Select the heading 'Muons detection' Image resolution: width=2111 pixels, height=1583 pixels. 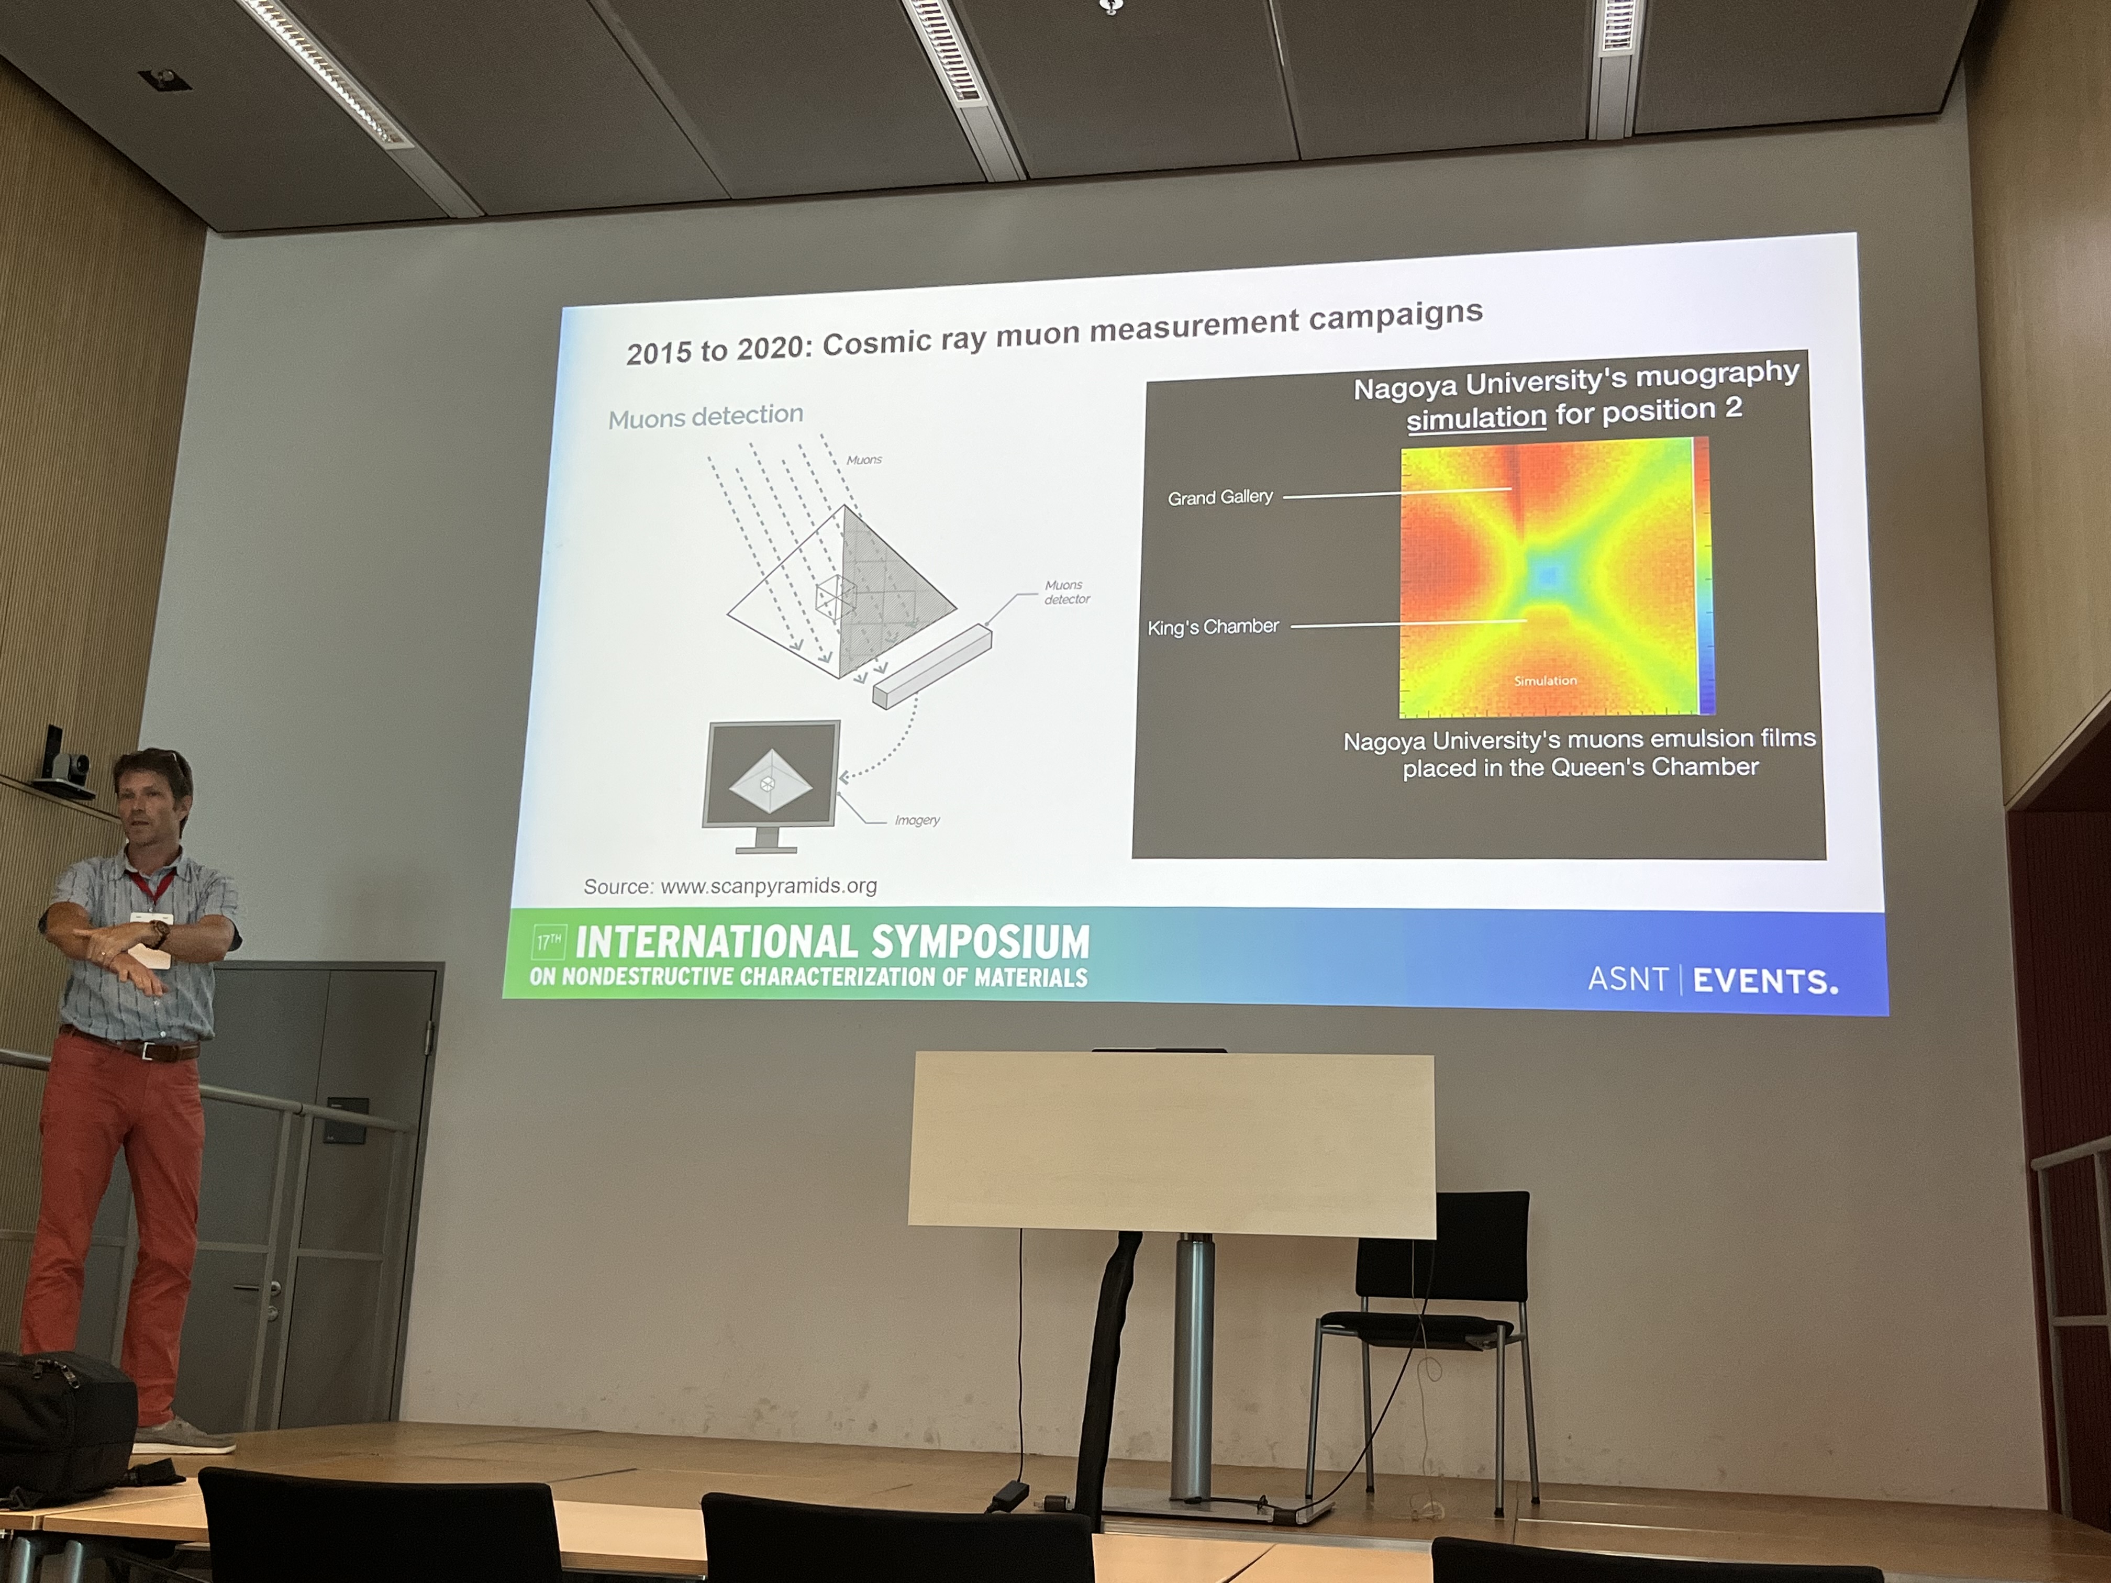[x=705, y=416]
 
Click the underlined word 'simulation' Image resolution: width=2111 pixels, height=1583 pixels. [x=1475, y=418]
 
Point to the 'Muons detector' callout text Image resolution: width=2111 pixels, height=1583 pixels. [x=1066, y=592]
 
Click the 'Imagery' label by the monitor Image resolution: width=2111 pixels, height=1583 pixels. [x=917, y=820]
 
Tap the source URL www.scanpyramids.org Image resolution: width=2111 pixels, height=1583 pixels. [x=768, y=886]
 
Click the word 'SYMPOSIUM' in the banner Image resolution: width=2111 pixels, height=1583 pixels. [x=979, y=942]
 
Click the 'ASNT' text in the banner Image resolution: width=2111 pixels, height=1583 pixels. [x=1627, y=979]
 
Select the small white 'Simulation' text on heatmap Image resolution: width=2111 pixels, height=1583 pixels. [x=1545, y=681]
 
